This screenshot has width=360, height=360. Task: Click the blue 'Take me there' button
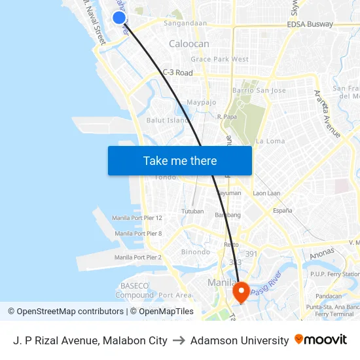[179, 160]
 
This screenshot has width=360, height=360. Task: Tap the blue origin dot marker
[118, 18]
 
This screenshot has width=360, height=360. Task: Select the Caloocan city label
[189, 44]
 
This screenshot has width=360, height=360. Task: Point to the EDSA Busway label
[310, 24]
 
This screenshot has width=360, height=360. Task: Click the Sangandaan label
[185, 24]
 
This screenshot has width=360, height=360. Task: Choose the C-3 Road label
[177, 73]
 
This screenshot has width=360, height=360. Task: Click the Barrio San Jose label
[259, 90]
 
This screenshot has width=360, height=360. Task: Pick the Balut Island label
[168, 120]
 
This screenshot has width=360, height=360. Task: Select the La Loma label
[270, 141]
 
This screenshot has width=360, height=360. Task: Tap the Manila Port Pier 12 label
[137, 218]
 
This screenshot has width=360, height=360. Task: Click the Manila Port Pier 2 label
[137, 257]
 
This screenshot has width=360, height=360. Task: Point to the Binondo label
[196, 252]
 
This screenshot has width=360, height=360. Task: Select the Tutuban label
[192, 212]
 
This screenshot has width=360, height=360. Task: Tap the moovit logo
[321, 340]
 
